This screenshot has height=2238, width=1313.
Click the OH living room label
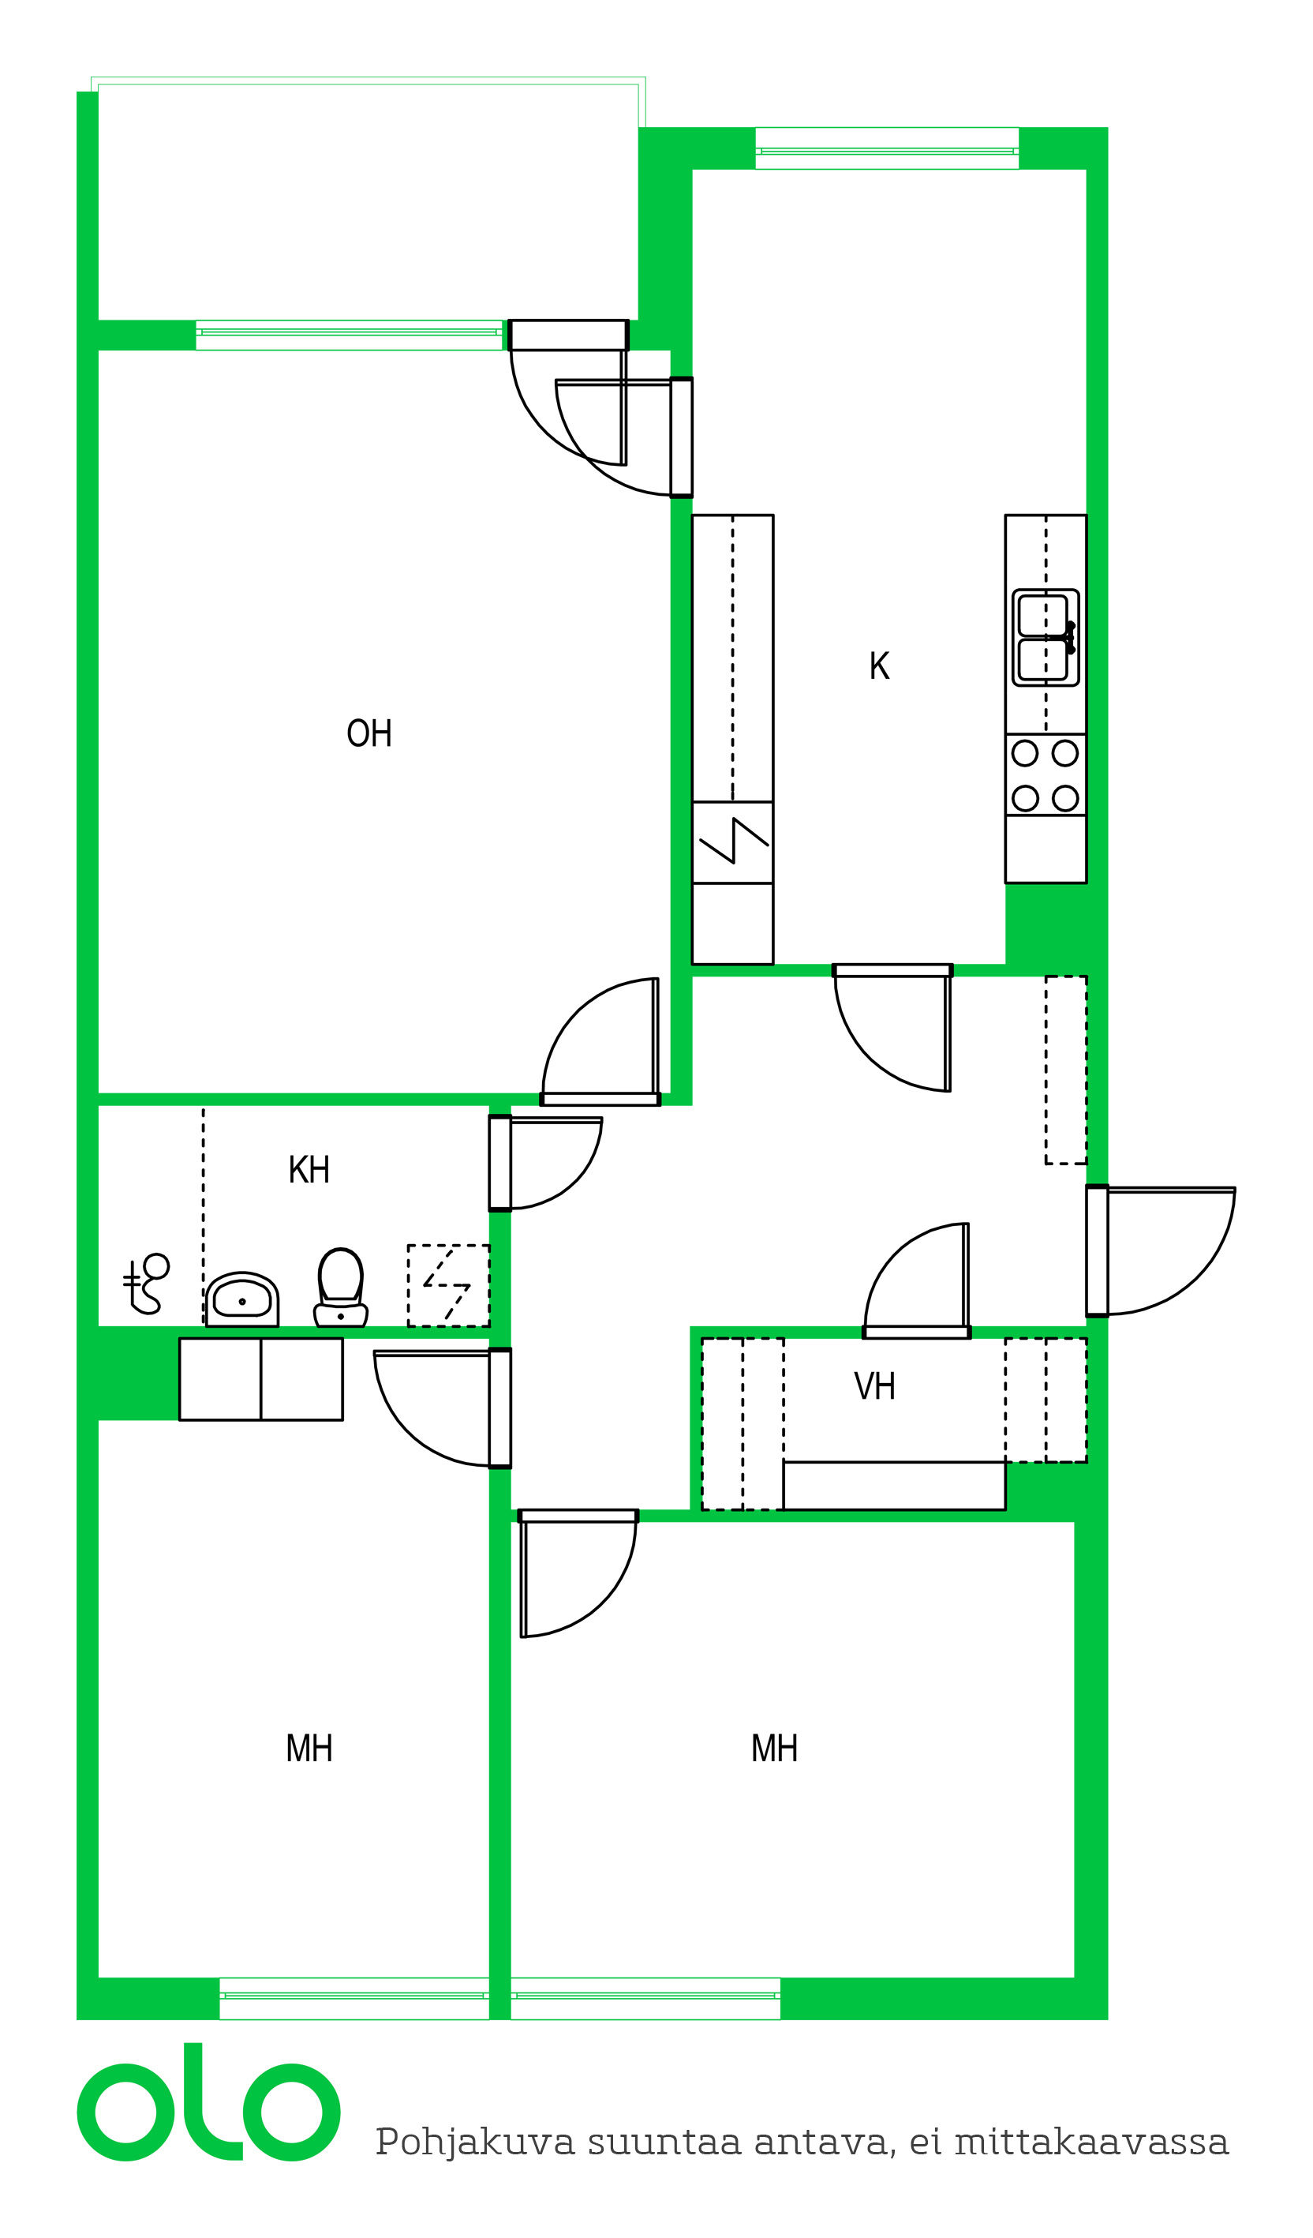tap(369, 733)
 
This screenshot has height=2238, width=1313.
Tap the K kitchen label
tap(879, 666)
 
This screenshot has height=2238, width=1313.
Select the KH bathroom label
tap(309, 1170)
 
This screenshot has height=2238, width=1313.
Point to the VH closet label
tap(874, 1386)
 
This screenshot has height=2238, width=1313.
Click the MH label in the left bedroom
tap(309, 1749)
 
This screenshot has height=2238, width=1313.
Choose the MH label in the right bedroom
tap(774, 1749)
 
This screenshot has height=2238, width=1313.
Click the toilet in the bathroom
tap(341, 1288)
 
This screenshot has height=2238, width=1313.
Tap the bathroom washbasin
tap(242, 1299)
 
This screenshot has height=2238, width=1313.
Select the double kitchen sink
tap(1046, 638)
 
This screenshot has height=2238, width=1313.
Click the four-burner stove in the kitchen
tap(1046, 774)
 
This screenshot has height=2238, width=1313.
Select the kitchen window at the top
tap(887, 149)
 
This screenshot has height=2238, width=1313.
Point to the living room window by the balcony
tap(349, 335)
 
